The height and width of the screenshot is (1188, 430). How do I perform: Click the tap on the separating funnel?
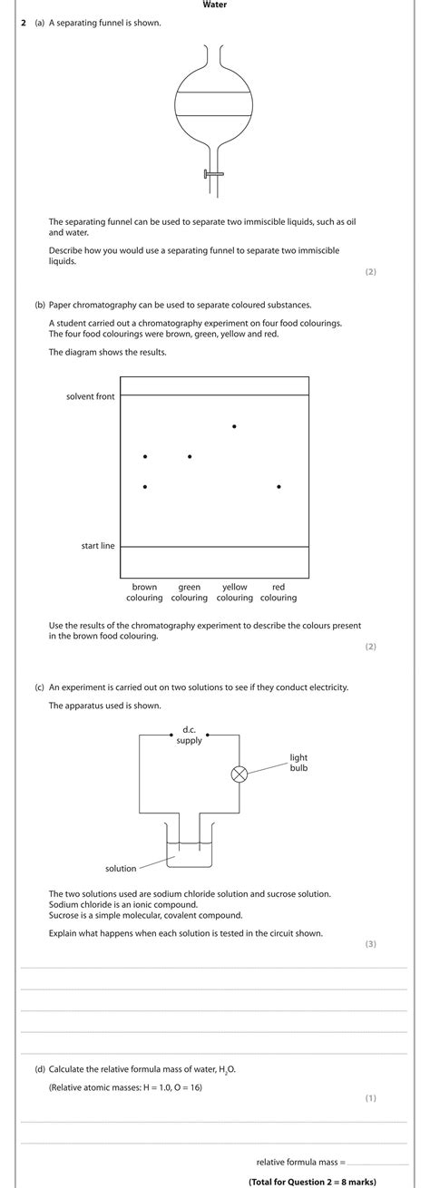214,173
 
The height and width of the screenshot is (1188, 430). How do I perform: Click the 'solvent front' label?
91,396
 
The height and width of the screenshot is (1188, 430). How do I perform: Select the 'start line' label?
98,546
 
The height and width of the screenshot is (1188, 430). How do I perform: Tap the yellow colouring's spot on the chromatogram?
235,425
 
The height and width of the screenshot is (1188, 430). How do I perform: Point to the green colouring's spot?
190,456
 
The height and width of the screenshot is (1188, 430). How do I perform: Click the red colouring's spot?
279,487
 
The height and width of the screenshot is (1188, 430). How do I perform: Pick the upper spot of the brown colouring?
145,456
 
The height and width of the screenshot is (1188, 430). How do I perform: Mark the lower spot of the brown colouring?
145,487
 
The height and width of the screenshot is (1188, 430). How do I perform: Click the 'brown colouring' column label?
144,592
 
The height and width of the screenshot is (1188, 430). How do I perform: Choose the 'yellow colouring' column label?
235,592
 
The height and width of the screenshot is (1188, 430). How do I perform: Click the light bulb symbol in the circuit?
239,774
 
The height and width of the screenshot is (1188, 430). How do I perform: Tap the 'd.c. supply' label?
189,735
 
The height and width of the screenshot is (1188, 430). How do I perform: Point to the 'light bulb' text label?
298,762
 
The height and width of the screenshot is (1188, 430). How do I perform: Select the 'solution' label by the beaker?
121,868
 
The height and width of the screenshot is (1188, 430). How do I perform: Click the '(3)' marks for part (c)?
370,944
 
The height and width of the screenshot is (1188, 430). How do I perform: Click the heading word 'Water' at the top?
215,5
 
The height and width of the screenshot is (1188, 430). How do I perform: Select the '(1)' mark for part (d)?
370,1098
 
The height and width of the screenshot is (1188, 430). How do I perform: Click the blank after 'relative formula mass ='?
378,1162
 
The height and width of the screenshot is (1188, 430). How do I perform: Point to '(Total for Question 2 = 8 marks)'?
312,1181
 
